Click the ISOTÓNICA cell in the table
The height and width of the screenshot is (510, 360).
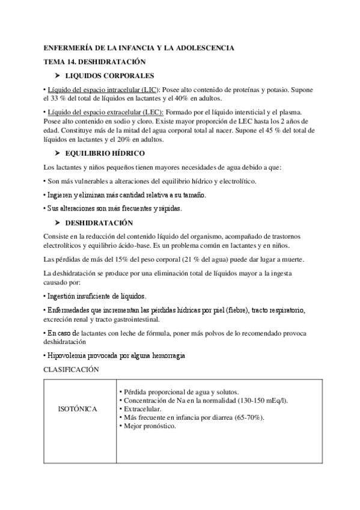pos(78,409)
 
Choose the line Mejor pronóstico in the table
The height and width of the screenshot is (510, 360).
pos(149,426)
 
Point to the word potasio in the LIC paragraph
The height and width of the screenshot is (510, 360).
pos(282,90)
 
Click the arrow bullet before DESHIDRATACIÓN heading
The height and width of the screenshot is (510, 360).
pos(58,222)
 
